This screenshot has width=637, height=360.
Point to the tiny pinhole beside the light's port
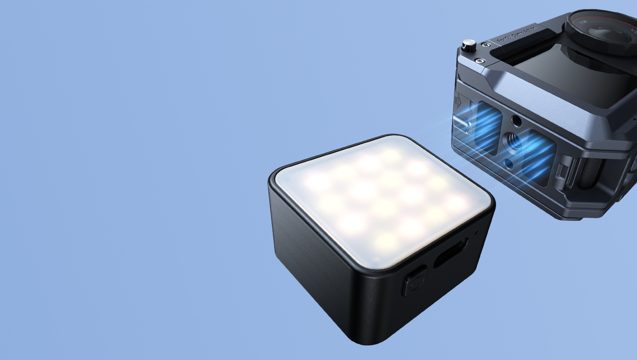pyautogui.click(x=477, y=232)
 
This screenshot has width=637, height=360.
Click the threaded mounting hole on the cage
pyautogui.click(x=513, y=142)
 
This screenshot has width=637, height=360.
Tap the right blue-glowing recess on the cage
pyautogui.click(x=539, y=158)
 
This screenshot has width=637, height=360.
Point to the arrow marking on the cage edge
pyautogui.click(x=457, y=102)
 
